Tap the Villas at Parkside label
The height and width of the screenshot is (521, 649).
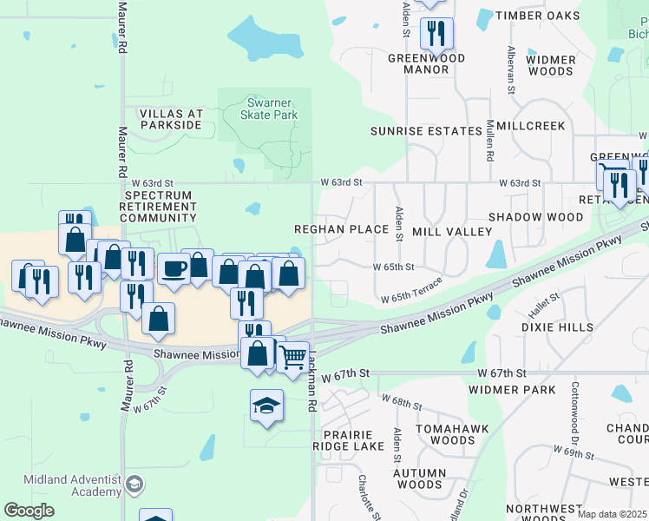pos(171,119)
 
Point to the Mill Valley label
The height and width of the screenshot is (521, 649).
pos(452,232)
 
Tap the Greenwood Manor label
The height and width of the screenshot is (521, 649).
pos(426,63)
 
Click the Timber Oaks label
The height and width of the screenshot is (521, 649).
pos(536,16)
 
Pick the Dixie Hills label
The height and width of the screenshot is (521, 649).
pos(558,327)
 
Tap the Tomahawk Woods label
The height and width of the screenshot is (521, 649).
pos(445,435)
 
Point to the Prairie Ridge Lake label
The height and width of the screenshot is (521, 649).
pos(347,440)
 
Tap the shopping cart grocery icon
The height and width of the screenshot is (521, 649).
pos(293,355)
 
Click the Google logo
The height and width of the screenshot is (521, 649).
pos(29,511)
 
